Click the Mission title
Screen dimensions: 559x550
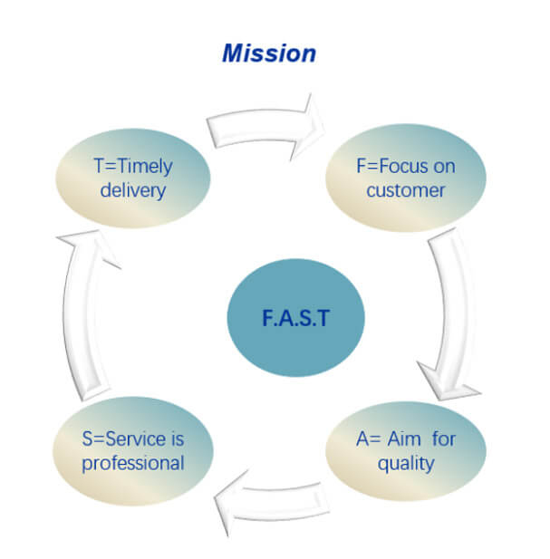pos(269,53)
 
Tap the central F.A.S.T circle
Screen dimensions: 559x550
pos(295,320)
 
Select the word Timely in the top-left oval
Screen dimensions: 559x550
pos(144,167)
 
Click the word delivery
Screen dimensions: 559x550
pos(132,190)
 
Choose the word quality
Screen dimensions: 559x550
pos(407,463)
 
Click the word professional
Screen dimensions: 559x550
pos(133,463)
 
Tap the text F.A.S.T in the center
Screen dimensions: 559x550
pos(295,320)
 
